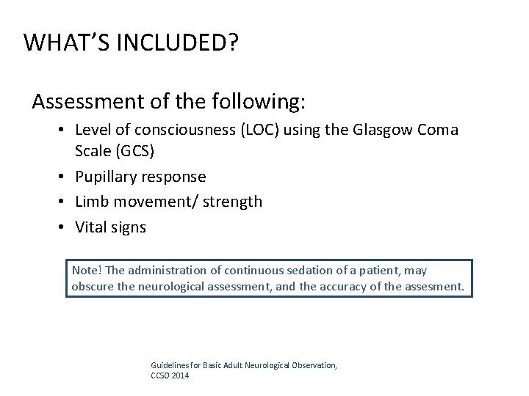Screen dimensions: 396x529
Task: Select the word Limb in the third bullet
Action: click(92, 201)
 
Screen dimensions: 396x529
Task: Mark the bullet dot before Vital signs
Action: click(64, 228)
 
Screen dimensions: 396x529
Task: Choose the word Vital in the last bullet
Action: click(92, 227)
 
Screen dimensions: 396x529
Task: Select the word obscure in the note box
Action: click(92, 286)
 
